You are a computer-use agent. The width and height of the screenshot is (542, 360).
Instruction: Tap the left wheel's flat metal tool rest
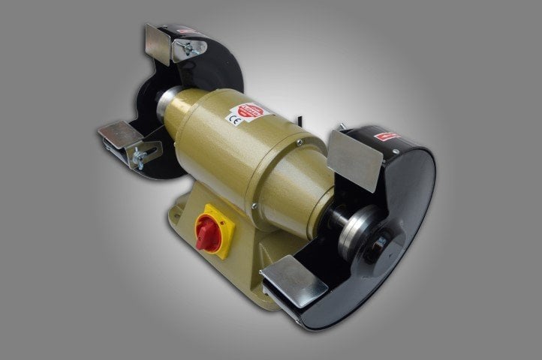coord(120,134)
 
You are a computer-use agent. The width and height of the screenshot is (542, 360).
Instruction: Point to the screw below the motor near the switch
coord(254,207)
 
